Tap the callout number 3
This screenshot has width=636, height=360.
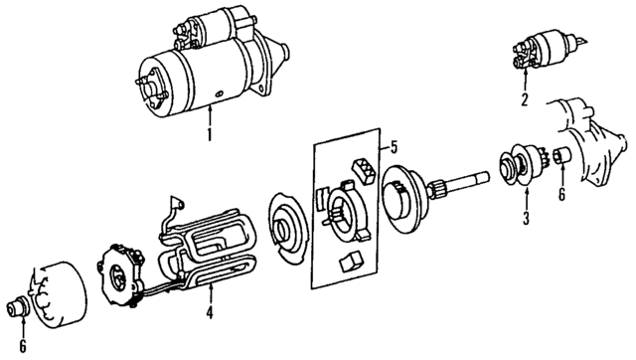click(527, 216)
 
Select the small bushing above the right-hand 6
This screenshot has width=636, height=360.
click(561, 156)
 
